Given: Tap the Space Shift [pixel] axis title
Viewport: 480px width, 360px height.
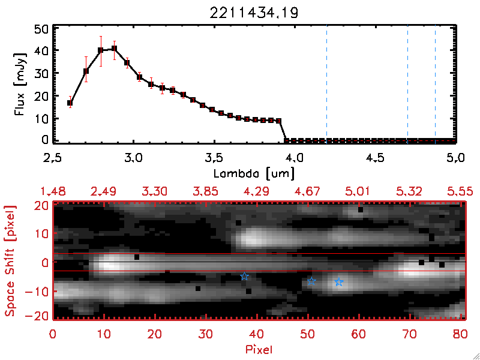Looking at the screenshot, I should coord(10,261).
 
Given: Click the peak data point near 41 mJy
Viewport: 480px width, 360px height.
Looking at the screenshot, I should coord(114,49).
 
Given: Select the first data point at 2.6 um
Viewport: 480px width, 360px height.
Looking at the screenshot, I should coord(70,103).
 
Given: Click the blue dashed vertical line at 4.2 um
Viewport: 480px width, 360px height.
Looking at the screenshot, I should coord(326,84).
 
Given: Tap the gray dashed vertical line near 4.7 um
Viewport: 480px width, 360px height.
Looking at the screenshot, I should coord(407,84).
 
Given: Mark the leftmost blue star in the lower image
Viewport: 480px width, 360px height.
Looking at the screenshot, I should coord(244,276).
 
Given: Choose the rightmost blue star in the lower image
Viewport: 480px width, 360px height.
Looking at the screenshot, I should coord(339,282).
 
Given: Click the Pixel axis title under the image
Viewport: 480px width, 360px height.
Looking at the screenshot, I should coord(259,349).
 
